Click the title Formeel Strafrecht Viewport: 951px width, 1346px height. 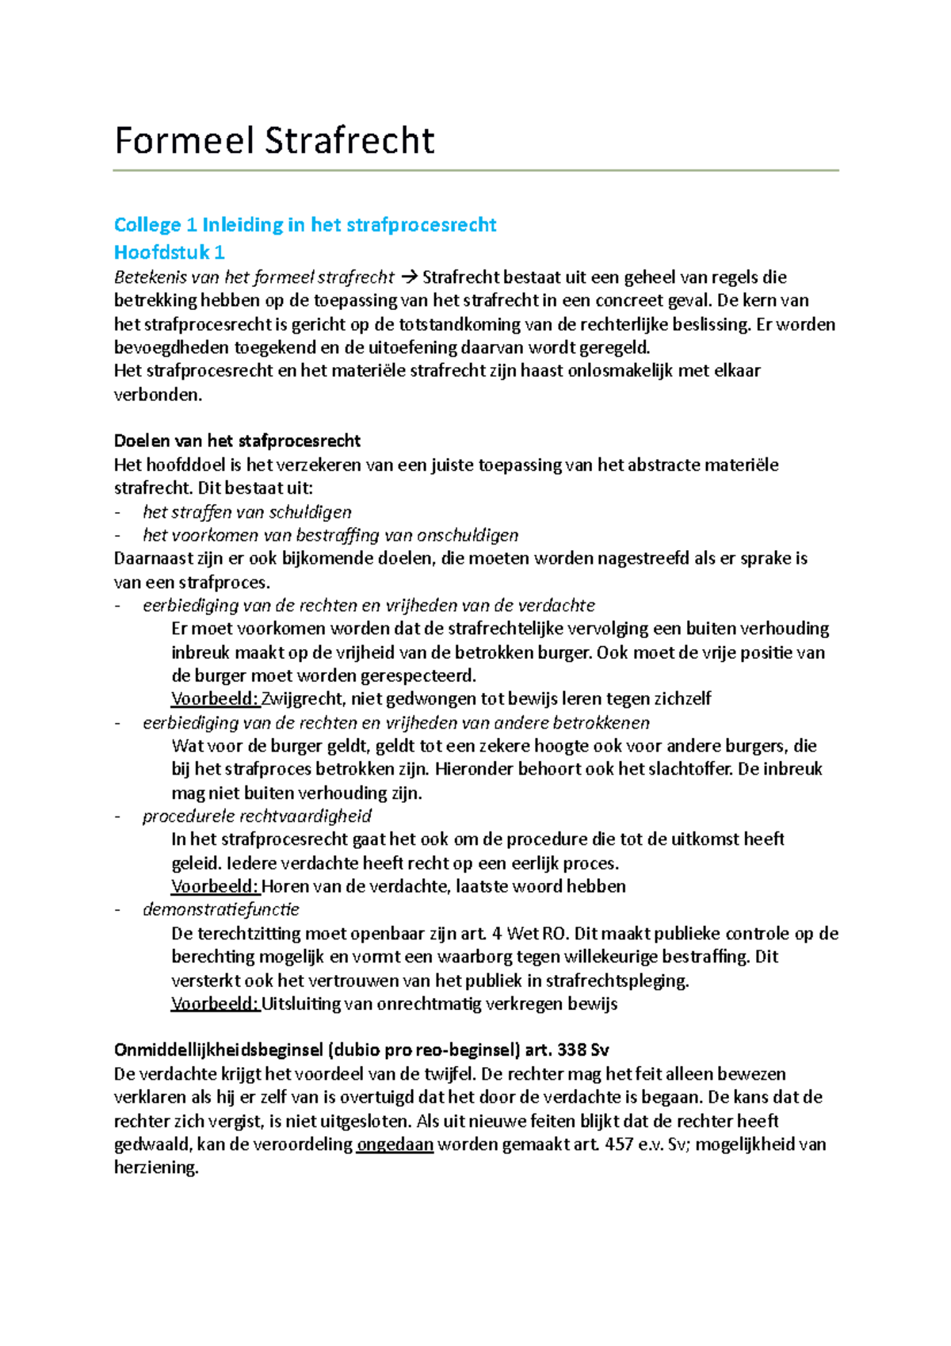(x=274, y=140)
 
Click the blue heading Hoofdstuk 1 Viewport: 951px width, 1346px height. (x=169, y=252)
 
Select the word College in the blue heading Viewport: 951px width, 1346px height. (x=147, y=225)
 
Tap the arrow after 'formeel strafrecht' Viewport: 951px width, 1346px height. (x=408, y=277)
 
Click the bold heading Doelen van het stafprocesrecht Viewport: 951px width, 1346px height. (x=237, y=441)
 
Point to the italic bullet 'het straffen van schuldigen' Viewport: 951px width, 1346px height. (x=246, y=512)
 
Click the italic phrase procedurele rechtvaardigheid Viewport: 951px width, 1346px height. (x=256, y=816)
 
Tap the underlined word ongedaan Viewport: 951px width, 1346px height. (x=395, y=1145)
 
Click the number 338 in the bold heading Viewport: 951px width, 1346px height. (x=572, y=1050)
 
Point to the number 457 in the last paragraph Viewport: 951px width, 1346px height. (x=620, y=1145)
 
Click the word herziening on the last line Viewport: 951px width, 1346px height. (x=155, y=1168)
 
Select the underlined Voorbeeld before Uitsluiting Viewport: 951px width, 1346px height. (x=216, y=1004)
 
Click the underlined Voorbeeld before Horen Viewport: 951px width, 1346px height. (x=216, y=886)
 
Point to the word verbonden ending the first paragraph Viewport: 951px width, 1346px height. (x=157, y=394)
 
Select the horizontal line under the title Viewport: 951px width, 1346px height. (x=475, y=170)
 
